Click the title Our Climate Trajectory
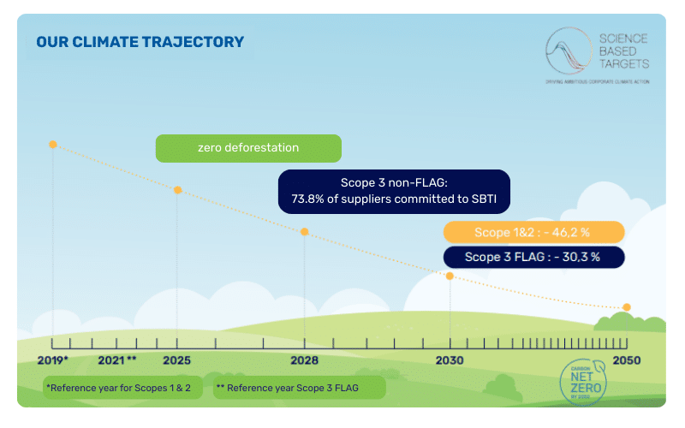tap(140, 42)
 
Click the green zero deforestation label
tap(248, 148)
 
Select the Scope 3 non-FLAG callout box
tap(394, 191)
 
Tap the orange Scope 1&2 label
tap(533, 232)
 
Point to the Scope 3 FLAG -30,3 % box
tap(533, 257)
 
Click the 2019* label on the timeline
tap(53, 360)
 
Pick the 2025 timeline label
tap(177, 360)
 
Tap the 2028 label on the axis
tap(305, 360)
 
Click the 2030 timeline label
tap(450, 360)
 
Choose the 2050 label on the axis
tap(627, 360)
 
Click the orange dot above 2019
tap(53, 145)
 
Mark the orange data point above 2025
tap(177, 189)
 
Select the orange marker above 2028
tap(305, 231)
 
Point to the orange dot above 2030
tap(450, 276)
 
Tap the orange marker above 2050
tap(627, 307)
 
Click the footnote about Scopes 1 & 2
tap(119, 388)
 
